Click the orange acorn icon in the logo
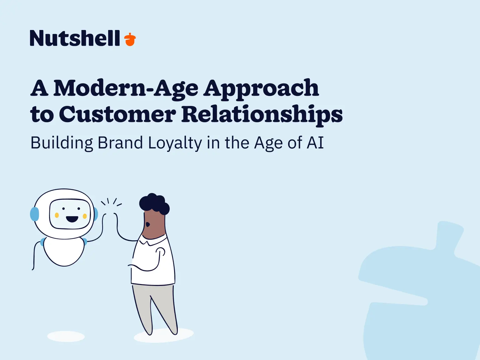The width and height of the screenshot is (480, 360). click(130, 40)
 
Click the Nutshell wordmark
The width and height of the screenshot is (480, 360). click(75, 38)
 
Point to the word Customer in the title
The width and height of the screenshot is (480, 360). click(117, 114)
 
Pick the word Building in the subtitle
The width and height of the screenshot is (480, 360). click(62, 143)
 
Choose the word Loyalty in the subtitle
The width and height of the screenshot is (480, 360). click(175, 143)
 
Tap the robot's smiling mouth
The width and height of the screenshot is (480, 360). click(72, 219)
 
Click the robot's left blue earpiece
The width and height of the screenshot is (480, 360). click(34, 214)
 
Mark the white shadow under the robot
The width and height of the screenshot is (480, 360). click(66, 336)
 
